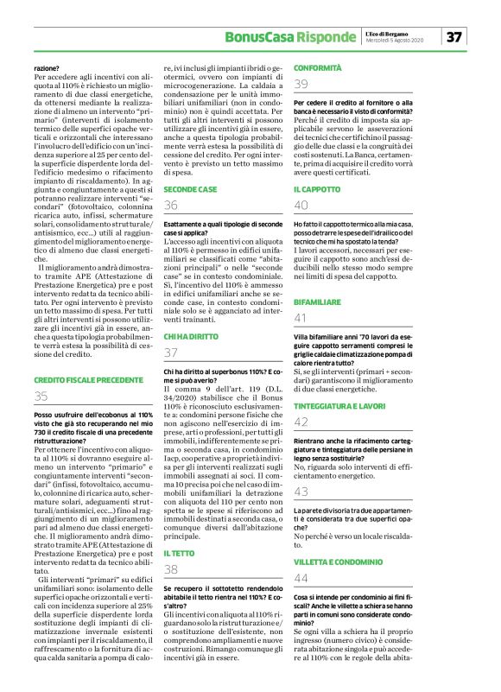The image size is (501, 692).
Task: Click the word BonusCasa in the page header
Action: [256, 36]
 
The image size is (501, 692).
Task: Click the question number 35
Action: [41, 397]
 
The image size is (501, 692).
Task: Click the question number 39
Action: [301, 84]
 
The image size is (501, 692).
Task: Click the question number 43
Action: [301, 492]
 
